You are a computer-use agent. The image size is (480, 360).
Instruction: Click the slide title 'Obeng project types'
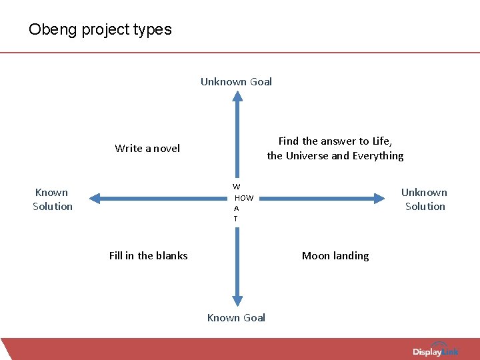coord(100,29)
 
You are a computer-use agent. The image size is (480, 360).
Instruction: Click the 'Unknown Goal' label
coord(236,82)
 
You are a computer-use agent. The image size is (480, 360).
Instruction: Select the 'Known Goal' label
coord(236,318)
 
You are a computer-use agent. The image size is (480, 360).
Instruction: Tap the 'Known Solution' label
coord(53,199)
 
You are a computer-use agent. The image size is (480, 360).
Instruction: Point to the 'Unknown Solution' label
coord(424,199)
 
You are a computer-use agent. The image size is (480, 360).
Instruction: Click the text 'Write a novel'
coord(147,148)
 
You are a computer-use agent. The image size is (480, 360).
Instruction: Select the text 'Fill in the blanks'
coord(148,255)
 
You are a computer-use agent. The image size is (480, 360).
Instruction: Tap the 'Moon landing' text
coord(335,255)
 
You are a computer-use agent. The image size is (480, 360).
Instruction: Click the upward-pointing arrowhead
coord(237,97)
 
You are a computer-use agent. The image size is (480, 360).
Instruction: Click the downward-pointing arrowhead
coord(237,302)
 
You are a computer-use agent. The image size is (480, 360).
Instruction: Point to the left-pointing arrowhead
coord(95,198)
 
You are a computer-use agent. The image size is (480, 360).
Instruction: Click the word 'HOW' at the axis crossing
coord(244,198)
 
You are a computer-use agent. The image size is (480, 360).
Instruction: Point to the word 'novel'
coord(167,148)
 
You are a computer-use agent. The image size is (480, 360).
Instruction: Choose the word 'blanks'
coord(172,255)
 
